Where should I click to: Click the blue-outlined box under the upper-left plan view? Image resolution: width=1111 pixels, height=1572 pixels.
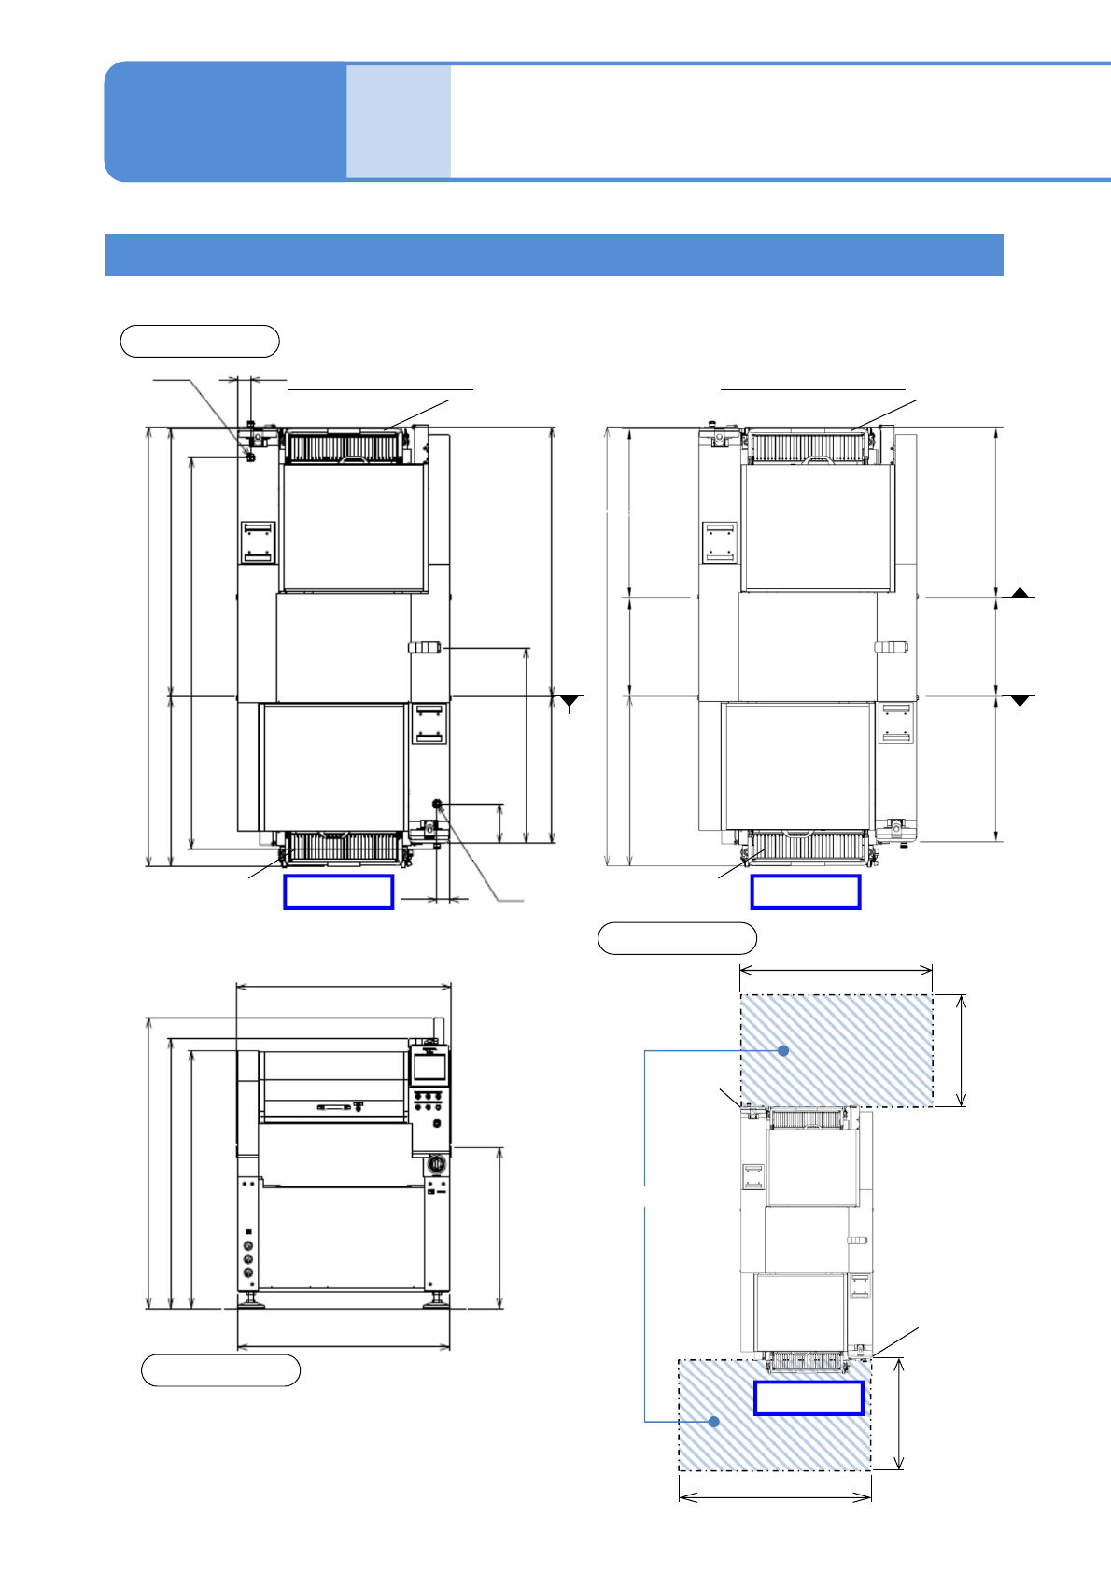pyautogui.click(x=338, y=891)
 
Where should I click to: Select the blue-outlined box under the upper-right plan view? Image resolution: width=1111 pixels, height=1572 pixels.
pyautogui.click(x=805, y=891)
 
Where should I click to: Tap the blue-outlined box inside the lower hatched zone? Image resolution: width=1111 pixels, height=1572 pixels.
pyautogui.click(x=808, y=1398)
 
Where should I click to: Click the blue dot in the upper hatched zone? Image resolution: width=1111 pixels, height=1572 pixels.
pyautogui.click(x=783, y=1050)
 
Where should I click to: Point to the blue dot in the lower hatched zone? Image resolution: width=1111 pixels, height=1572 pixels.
pyautogui.click(x=714, y=1421)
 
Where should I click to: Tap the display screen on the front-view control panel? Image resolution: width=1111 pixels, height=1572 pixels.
pyautogui.click(x=429, y=1069)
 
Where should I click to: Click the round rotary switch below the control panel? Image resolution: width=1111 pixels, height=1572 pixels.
pyautogui.click(x=434, y=1165)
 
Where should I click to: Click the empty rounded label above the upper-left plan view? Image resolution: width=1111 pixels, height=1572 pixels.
pyautogui.click(x=200, y=341)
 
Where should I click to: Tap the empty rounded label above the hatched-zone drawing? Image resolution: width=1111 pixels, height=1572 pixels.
pyautogui.click(x=677, y=938)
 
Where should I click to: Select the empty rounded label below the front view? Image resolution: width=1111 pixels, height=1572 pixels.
pyautogui.click(x=220, y=1370)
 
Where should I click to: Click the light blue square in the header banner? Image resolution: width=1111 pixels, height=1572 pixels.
pyautogui.click(x=399, y=121)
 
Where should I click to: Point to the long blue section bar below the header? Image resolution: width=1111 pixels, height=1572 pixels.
pyautogui.click(x=554, y=255)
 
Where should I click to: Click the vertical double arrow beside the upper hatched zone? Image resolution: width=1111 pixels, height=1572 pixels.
pyautogui.click(x=962, y=1050)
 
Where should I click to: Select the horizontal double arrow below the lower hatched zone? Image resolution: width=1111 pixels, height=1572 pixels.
pyautogui.click(x=775, y=1496)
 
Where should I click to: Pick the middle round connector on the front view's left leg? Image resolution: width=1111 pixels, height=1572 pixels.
pyautogui.click(x=248, y=1258)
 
